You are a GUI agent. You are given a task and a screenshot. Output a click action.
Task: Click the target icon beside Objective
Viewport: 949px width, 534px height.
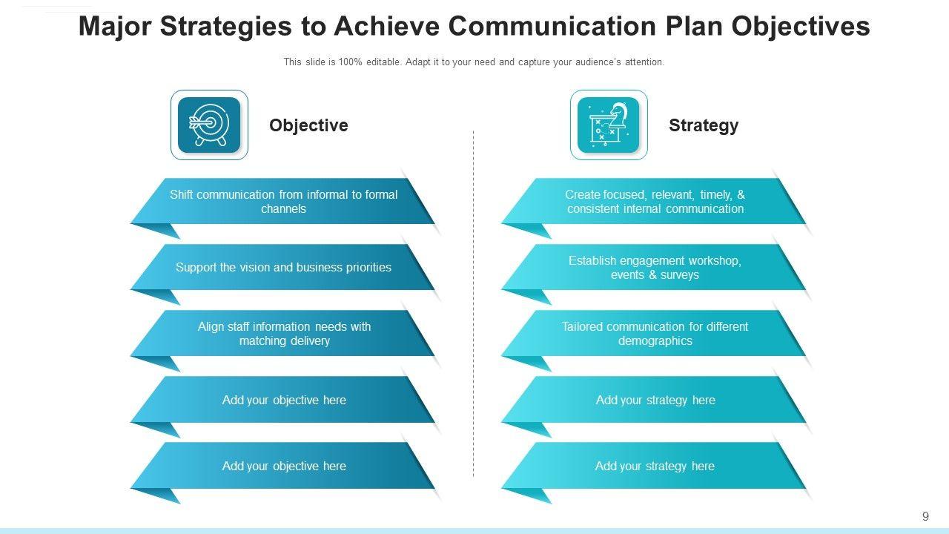(209, 125)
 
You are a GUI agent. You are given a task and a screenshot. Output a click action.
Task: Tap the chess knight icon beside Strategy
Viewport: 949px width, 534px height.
(608, 125)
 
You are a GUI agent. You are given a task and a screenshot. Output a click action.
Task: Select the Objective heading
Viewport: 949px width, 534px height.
(308, 125)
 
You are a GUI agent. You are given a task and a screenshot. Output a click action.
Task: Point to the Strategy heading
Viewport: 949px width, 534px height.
(704, 125)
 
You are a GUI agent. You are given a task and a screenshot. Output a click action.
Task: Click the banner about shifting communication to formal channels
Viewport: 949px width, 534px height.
(283, 202)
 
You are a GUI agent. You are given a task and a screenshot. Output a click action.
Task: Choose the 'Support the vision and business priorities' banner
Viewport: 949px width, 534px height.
(283, 268)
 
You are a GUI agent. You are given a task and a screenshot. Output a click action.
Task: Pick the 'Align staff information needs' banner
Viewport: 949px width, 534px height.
(284, 334)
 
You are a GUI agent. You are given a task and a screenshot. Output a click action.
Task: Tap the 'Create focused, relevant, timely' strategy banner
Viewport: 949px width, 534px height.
(655, 202)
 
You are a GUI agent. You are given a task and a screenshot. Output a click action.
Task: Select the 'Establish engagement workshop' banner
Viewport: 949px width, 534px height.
(655, 268)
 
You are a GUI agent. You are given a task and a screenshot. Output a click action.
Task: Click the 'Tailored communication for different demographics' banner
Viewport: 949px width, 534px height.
(655, 334)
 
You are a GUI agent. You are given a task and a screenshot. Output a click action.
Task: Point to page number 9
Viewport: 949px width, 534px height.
(925, 517)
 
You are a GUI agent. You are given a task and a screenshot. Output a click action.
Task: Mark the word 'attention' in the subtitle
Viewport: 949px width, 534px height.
(644, 62)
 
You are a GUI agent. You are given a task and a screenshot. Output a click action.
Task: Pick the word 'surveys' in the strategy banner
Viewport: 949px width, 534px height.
(680, 275)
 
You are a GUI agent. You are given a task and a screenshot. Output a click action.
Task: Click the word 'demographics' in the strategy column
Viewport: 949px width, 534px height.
(655, 341)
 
